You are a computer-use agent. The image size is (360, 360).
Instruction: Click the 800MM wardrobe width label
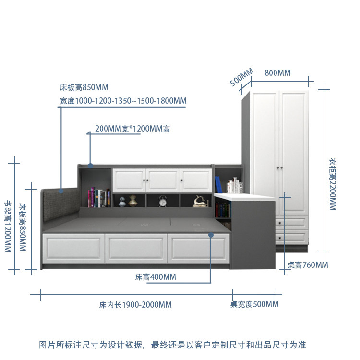tap(277, 73)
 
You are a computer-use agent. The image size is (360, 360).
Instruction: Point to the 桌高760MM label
tap(308, 265)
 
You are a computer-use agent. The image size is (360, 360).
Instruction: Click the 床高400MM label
tap(156, 277)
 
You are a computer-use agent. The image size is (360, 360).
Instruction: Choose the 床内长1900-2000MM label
tap(135, 305)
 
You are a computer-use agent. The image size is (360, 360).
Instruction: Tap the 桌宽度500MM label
tap(254, 304)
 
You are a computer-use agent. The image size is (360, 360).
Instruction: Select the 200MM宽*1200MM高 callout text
tap(132, 129)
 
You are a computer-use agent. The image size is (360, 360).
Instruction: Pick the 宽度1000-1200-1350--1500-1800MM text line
tap(123, 101)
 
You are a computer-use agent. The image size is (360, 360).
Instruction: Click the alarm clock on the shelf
tap(162, 201)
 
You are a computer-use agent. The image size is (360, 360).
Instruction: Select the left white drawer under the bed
tap(73, 249)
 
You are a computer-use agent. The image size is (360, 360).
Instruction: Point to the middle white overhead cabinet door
tap(162, 180)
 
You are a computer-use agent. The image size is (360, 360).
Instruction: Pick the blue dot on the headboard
tap(62, 192)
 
